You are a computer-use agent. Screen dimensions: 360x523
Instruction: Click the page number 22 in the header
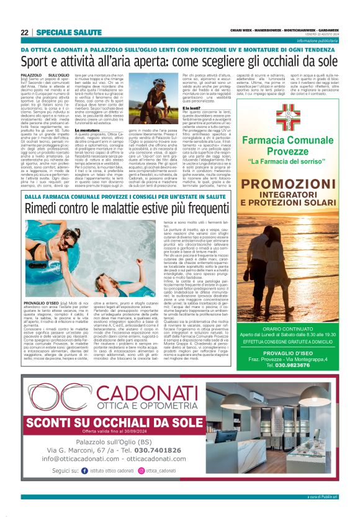[24, 32]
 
